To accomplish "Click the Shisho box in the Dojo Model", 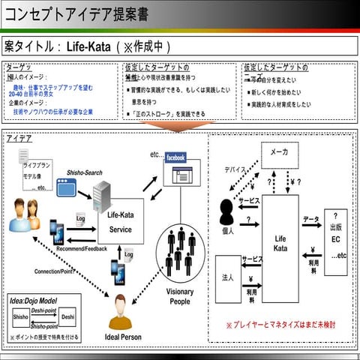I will pos(21,317).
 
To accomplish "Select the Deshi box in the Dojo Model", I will pos(67,317).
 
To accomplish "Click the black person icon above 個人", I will pos(226,209).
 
